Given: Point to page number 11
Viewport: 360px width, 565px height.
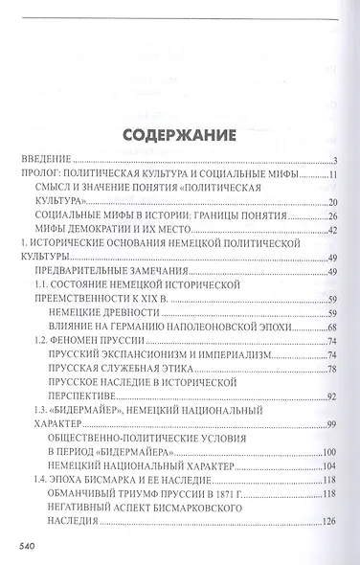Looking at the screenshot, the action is [x=333, y=175].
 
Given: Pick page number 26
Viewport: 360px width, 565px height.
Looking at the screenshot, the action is [x=333, y=216].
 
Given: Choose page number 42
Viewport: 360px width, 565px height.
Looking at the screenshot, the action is [x=333, y=231].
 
